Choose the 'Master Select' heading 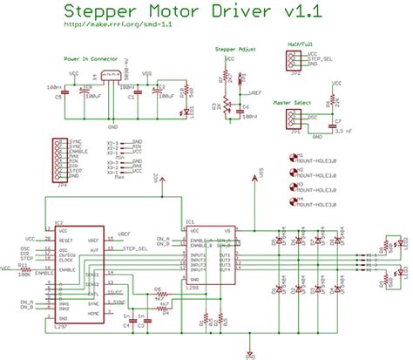click(294, 102)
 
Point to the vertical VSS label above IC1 click(261, 176)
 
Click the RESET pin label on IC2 click(64, 237)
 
